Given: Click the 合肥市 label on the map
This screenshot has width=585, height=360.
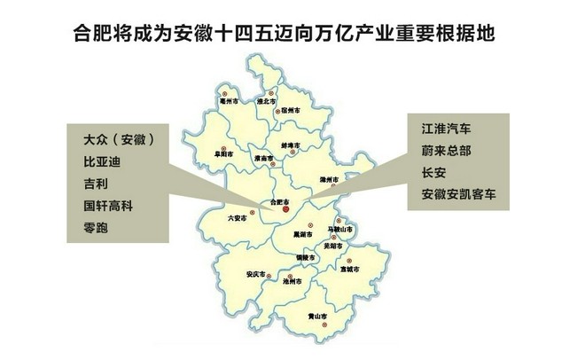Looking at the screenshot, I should [x=279, y=202].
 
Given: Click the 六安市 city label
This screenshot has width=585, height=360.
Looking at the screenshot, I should [x=237, y=217].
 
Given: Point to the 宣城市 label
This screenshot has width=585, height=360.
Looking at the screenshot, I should [x=347, y=269].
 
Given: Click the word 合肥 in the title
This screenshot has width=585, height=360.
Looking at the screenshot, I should [x=89, y=37].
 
